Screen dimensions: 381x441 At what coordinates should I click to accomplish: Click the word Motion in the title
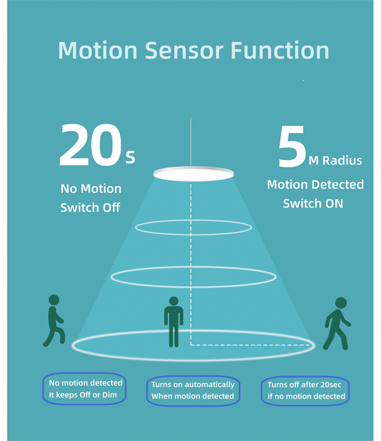point(98,50)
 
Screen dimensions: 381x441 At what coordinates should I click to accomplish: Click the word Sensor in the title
point(184,51)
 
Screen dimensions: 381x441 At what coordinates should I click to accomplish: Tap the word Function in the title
point(280,50)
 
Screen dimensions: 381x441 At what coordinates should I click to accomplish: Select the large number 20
point(90,145)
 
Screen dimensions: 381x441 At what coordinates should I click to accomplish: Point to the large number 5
point(292,147)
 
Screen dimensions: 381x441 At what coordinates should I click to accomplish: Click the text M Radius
point(335,161)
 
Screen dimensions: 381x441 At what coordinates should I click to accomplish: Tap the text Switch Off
point(90,207)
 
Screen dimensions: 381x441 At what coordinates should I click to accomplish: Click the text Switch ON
point(313,203)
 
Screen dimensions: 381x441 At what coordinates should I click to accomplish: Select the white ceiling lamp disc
point(193,174)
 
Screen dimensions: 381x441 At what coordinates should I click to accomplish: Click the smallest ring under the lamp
point(193,220)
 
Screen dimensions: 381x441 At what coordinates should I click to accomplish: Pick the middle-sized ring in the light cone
point(194,267)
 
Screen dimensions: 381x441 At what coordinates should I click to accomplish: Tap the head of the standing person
point(173,301)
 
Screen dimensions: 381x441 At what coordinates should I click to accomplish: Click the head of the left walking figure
point(54,300)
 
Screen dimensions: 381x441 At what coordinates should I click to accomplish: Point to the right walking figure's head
point(341,303)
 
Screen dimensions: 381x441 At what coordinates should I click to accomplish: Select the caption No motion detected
point(86,383)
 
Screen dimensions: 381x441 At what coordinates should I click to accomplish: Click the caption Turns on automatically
point(193,385)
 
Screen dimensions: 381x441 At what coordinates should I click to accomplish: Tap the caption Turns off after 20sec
point(304,385)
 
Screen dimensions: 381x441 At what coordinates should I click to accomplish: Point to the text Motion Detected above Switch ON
point(315,185)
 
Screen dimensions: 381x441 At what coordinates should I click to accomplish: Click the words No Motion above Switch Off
point(91,188)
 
